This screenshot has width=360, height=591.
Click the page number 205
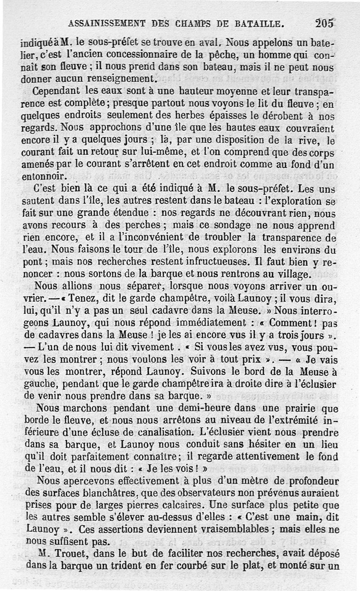(x=325, y=22)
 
